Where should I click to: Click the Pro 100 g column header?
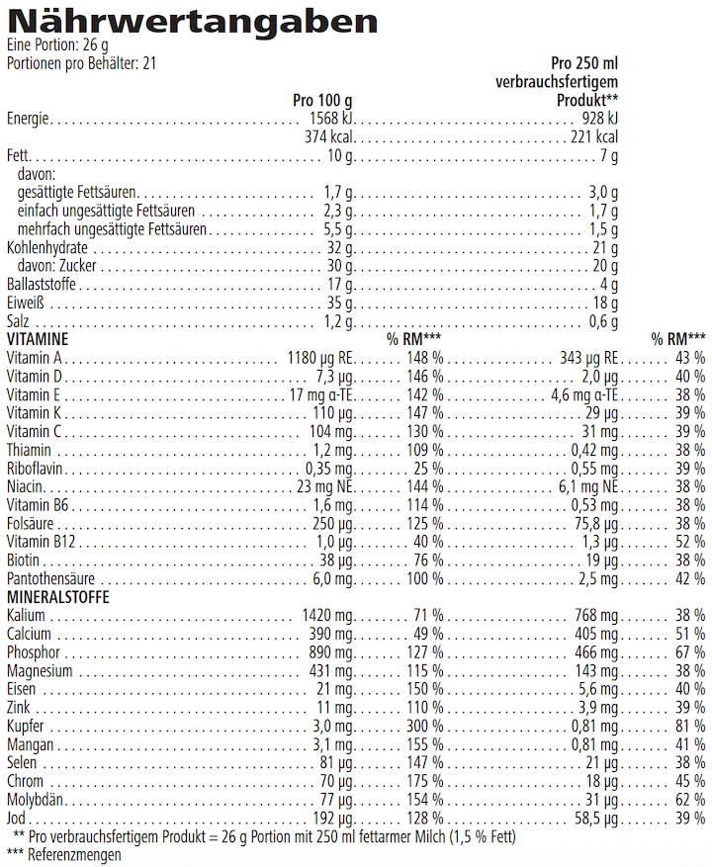[322, 101]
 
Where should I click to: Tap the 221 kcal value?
[594, 137]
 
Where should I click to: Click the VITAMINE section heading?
[37, 339]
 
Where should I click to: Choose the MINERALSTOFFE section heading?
[57, 597]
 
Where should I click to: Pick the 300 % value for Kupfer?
[426, 726]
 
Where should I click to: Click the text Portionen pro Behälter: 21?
[82, 63]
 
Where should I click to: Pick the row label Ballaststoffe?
[41, 285]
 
